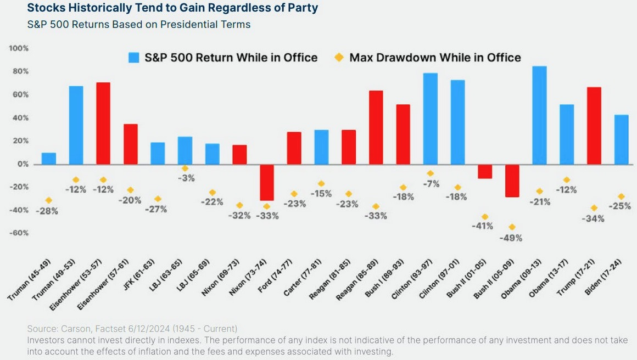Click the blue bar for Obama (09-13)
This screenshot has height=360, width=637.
coord(539,115)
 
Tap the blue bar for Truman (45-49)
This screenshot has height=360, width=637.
coord(49,159)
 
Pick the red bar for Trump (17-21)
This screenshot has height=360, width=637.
coord(594,126)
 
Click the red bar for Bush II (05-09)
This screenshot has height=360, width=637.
coord(512,181)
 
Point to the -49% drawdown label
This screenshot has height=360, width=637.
coord(511,238)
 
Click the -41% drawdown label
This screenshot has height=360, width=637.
coord(483,226)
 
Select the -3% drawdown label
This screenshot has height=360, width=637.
coord(185,178)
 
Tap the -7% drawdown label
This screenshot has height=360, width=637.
coord(431,184)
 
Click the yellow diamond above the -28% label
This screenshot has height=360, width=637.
coord(49,200)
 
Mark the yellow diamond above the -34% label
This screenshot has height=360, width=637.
coord(594,208)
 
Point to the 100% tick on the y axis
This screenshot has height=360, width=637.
coord(19,49)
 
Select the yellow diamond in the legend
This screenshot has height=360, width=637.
coord(339,58)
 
